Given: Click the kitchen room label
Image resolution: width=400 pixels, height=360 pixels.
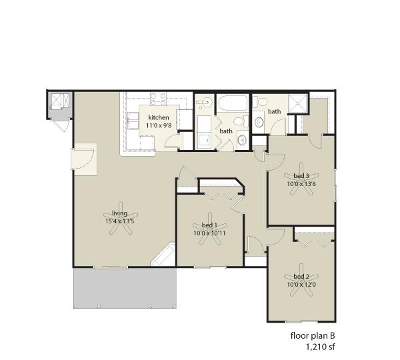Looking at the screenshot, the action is pos(159,117).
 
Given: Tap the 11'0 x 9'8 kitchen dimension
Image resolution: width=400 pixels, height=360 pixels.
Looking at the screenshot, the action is pos(159,125).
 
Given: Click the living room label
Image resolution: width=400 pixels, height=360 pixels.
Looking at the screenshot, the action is pos(119,213).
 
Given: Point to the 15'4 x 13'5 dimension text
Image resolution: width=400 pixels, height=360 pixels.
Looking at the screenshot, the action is pos(119,221).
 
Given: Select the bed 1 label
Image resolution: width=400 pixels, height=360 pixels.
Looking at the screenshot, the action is pos(209,225).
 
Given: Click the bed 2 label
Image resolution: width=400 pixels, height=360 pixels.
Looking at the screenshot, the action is pos(301,276).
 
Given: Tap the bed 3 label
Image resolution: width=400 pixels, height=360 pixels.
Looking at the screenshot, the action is pos(301,176).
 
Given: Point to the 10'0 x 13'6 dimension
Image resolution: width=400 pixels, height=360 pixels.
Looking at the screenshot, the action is pos(301,184).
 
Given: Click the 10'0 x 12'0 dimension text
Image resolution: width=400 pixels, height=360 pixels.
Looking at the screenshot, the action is pos(301,284).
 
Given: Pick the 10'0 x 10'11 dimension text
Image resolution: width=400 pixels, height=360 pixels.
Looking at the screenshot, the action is pos(209,233).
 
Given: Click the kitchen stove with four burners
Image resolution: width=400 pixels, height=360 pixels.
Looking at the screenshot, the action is pos(158,99).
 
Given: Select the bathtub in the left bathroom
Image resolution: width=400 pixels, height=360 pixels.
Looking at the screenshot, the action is pos(233,103).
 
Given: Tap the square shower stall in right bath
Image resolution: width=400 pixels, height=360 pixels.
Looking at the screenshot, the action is pos(298,103).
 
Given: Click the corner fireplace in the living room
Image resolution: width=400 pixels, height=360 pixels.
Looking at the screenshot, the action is pos(164,256).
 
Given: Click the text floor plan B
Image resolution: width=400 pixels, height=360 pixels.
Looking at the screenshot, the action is pos(313,335).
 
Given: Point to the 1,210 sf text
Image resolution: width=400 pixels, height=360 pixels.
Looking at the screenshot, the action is pos(321,347).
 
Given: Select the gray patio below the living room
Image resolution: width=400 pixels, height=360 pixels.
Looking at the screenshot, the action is pos(125,288).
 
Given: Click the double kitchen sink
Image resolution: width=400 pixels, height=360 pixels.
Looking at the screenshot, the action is pos(133,121).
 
